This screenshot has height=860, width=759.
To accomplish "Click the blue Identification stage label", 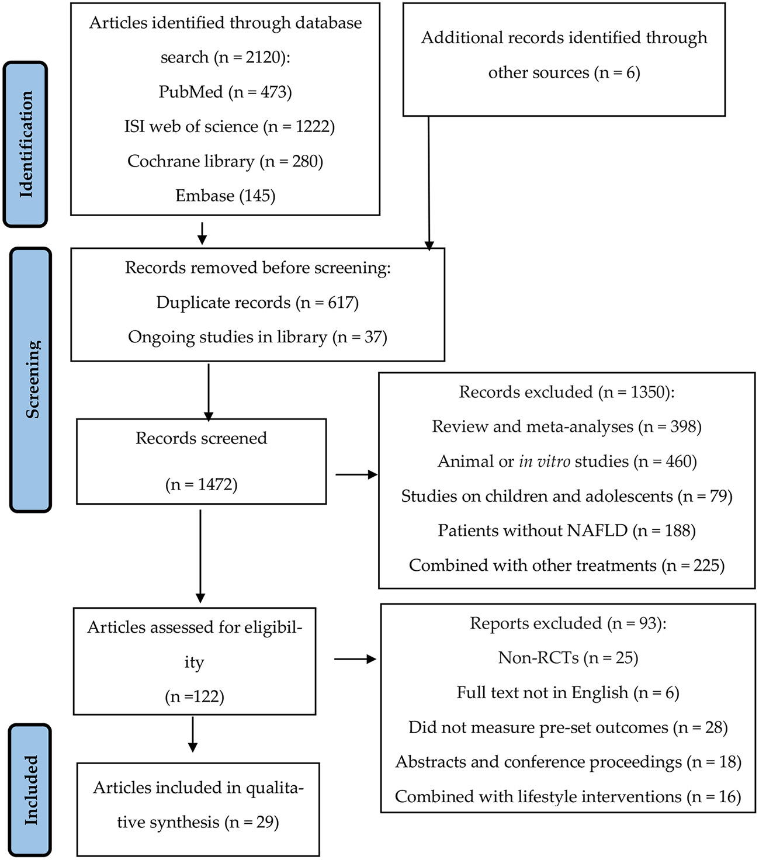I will click(25, 144).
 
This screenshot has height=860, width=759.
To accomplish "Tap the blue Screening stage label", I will click(31, 379).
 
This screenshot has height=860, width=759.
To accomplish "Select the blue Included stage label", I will click(30, 790).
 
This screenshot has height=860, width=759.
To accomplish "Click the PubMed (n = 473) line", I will click(225, 92).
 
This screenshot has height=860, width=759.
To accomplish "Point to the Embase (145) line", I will click(225, 195).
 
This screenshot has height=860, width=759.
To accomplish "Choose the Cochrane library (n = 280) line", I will click(225, 161).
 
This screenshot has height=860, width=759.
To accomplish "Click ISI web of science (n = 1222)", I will click(229, 126).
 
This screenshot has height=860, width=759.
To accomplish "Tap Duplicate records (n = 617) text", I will click(257, 302).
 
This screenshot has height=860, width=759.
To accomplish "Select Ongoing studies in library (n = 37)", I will click(257, 337).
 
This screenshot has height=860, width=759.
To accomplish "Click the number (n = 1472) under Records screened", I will click(201, 484).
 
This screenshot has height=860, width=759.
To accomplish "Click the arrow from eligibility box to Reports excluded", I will click(354, 660).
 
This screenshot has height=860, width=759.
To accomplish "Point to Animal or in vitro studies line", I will click(567, 462).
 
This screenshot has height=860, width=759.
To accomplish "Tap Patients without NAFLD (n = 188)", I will click(567, 530).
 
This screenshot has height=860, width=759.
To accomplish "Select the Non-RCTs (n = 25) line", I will click(567, 658).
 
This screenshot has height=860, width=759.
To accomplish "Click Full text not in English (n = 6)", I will click(567, 692).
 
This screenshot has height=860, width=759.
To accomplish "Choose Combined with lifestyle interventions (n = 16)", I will click(567, 796).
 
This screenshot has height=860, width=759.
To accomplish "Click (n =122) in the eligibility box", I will click(194, 696).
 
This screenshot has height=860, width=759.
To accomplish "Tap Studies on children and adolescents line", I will click(567, 496).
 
